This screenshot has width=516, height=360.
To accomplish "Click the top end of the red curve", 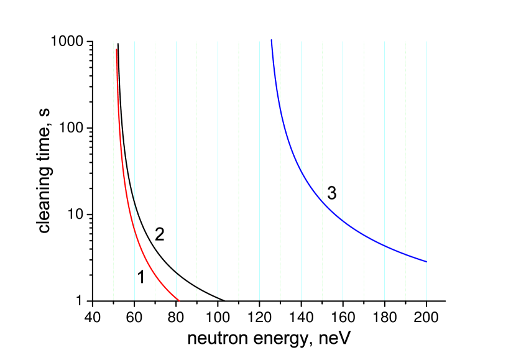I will click(116, 49).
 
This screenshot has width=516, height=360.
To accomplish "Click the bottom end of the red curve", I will click(179, 301).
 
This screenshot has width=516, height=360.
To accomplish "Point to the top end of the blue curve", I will click(272, 41).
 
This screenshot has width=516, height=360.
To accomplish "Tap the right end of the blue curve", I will click(426, 261).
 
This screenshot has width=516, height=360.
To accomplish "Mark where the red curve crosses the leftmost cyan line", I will click(134, 229).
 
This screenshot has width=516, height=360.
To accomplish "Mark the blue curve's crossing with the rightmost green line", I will click(405, 254).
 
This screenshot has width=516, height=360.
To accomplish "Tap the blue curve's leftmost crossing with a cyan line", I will click(301, 170).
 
